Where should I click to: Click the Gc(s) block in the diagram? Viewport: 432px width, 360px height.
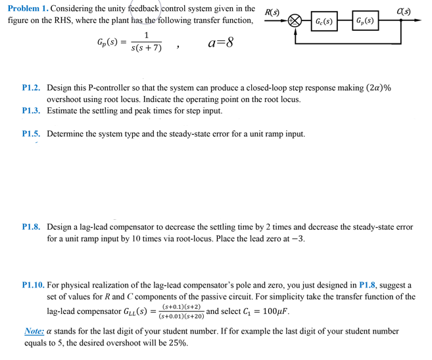(x=323, y=21)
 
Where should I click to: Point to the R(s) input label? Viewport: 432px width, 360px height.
(x=272, y=13)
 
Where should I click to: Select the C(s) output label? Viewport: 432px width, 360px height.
(x=404, y=12)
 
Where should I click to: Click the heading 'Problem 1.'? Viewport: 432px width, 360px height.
(x=28, y=9)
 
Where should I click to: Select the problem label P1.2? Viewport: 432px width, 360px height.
(x=32, y=88)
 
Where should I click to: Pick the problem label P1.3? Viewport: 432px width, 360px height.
(x=32, y=111)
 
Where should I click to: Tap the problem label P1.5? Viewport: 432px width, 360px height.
(x=32, y=134)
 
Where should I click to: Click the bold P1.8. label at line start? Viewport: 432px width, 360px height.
(x=32, y=226)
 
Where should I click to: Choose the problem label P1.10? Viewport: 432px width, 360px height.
(x=34, y=285)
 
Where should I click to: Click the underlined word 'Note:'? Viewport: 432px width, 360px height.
(x=34, y=331)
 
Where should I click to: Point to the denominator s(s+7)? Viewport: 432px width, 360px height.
(x=146, y=49)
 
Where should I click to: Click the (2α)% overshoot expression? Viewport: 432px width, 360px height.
(x=373, y=88)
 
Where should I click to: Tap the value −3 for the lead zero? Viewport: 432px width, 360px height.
(x=297, y=238)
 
